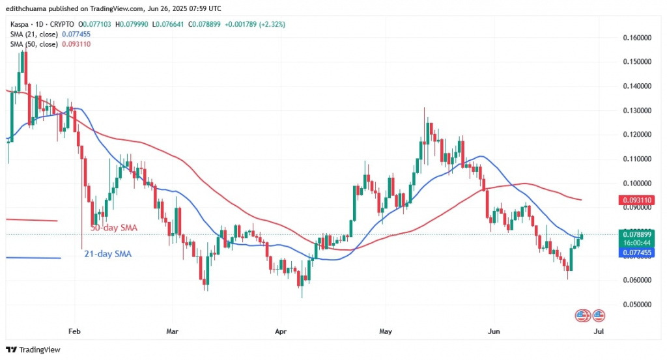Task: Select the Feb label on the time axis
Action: [x=75, y=331]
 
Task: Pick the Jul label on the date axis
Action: [x=599, y=331]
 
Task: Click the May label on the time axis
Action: [x=385, y=331]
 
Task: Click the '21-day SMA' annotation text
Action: [x=107, y=254]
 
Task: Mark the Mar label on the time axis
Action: [x=172, y=331]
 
